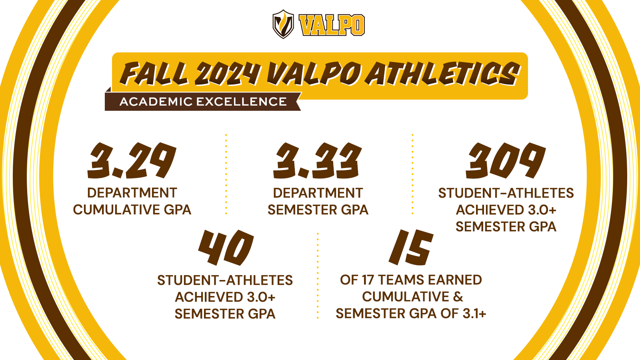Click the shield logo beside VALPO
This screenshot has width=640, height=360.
coord(283,24)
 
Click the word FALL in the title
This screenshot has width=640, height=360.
coord(154,74)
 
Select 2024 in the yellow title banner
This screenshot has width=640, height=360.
coord(227,74)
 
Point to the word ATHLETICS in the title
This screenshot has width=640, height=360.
coord(444,74)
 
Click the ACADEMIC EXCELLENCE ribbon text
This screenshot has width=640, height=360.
coord(203,102)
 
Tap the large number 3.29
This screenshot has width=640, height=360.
coord(132,161)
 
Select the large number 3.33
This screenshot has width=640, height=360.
coord(318,161)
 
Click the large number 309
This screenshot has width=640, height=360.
coord(506,161)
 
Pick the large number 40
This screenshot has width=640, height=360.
coord(226,248)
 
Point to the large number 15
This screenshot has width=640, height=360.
coord(411,248)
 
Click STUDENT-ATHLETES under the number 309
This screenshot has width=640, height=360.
coord(506,193)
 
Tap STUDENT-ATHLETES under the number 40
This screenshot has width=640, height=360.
coord(225,280)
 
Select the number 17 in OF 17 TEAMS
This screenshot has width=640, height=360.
coord(368,280)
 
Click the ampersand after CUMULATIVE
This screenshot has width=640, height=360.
coord(458,297)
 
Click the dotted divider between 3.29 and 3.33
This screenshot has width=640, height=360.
coord(226,174)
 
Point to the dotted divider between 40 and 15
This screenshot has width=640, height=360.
coord(318,276)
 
